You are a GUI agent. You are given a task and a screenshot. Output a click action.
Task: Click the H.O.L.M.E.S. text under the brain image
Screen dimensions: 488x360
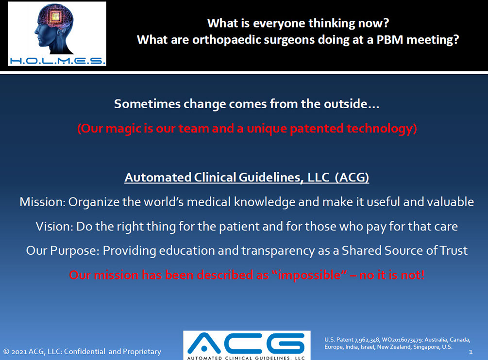point(57,61)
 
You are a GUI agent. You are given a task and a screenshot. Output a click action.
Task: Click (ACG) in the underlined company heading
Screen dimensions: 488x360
point(352,178)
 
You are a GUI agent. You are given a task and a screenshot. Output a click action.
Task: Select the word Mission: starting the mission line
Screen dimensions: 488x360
point(43,202)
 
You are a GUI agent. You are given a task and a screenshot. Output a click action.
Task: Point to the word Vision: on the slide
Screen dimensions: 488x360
point(54,227)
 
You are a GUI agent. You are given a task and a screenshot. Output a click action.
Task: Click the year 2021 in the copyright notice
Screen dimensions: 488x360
point(19,352)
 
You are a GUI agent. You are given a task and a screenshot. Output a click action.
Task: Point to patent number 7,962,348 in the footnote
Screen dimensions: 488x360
point(367,340)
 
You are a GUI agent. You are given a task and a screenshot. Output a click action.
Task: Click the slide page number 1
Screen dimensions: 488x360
point(471,352)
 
